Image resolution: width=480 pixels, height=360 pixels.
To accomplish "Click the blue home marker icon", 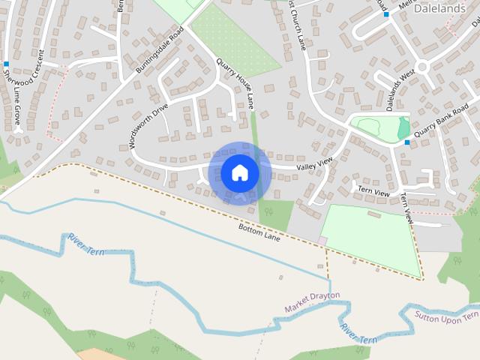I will [239, 173].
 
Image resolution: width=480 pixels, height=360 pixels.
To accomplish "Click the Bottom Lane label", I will [259, 232].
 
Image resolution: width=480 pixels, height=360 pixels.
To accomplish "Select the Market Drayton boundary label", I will [312, 301].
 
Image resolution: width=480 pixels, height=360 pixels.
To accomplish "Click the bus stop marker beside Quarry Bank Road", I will [407, 142].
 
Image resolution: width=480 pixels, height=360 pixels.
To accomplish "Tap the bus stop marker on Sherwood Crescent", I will [6, 64].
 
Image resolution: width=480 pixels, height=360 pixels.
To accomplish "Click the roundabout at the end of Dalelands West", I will [422, 66].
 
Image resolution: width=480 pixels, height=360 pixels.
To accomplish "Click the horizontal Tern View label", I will [373, 193].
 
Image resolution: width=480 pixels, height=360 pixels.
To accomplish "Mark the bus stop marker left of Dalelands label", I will [387, 14].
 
